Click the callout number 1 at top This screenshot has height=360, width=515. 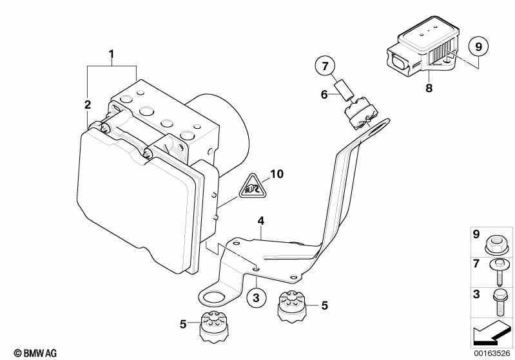(x=112, y=55)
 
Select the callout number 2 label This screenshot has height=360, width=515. (x=88, y=104)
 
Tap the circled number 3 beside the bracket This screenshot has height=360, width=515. (x=256, y=298)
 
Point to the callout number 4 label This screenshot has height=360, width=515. (x=260, y=222)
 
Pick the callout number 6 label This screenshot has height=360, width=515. (x=325, y=95)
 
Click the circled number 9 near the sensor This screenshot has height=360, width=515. (x=478, y=47)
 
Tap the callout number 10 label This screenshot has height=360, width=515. (x=277, y=174)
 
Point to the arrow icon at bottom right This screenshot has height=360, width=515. (x=493, y=334)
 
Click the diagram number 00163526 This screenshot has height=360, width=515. (x=493, y=354)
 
